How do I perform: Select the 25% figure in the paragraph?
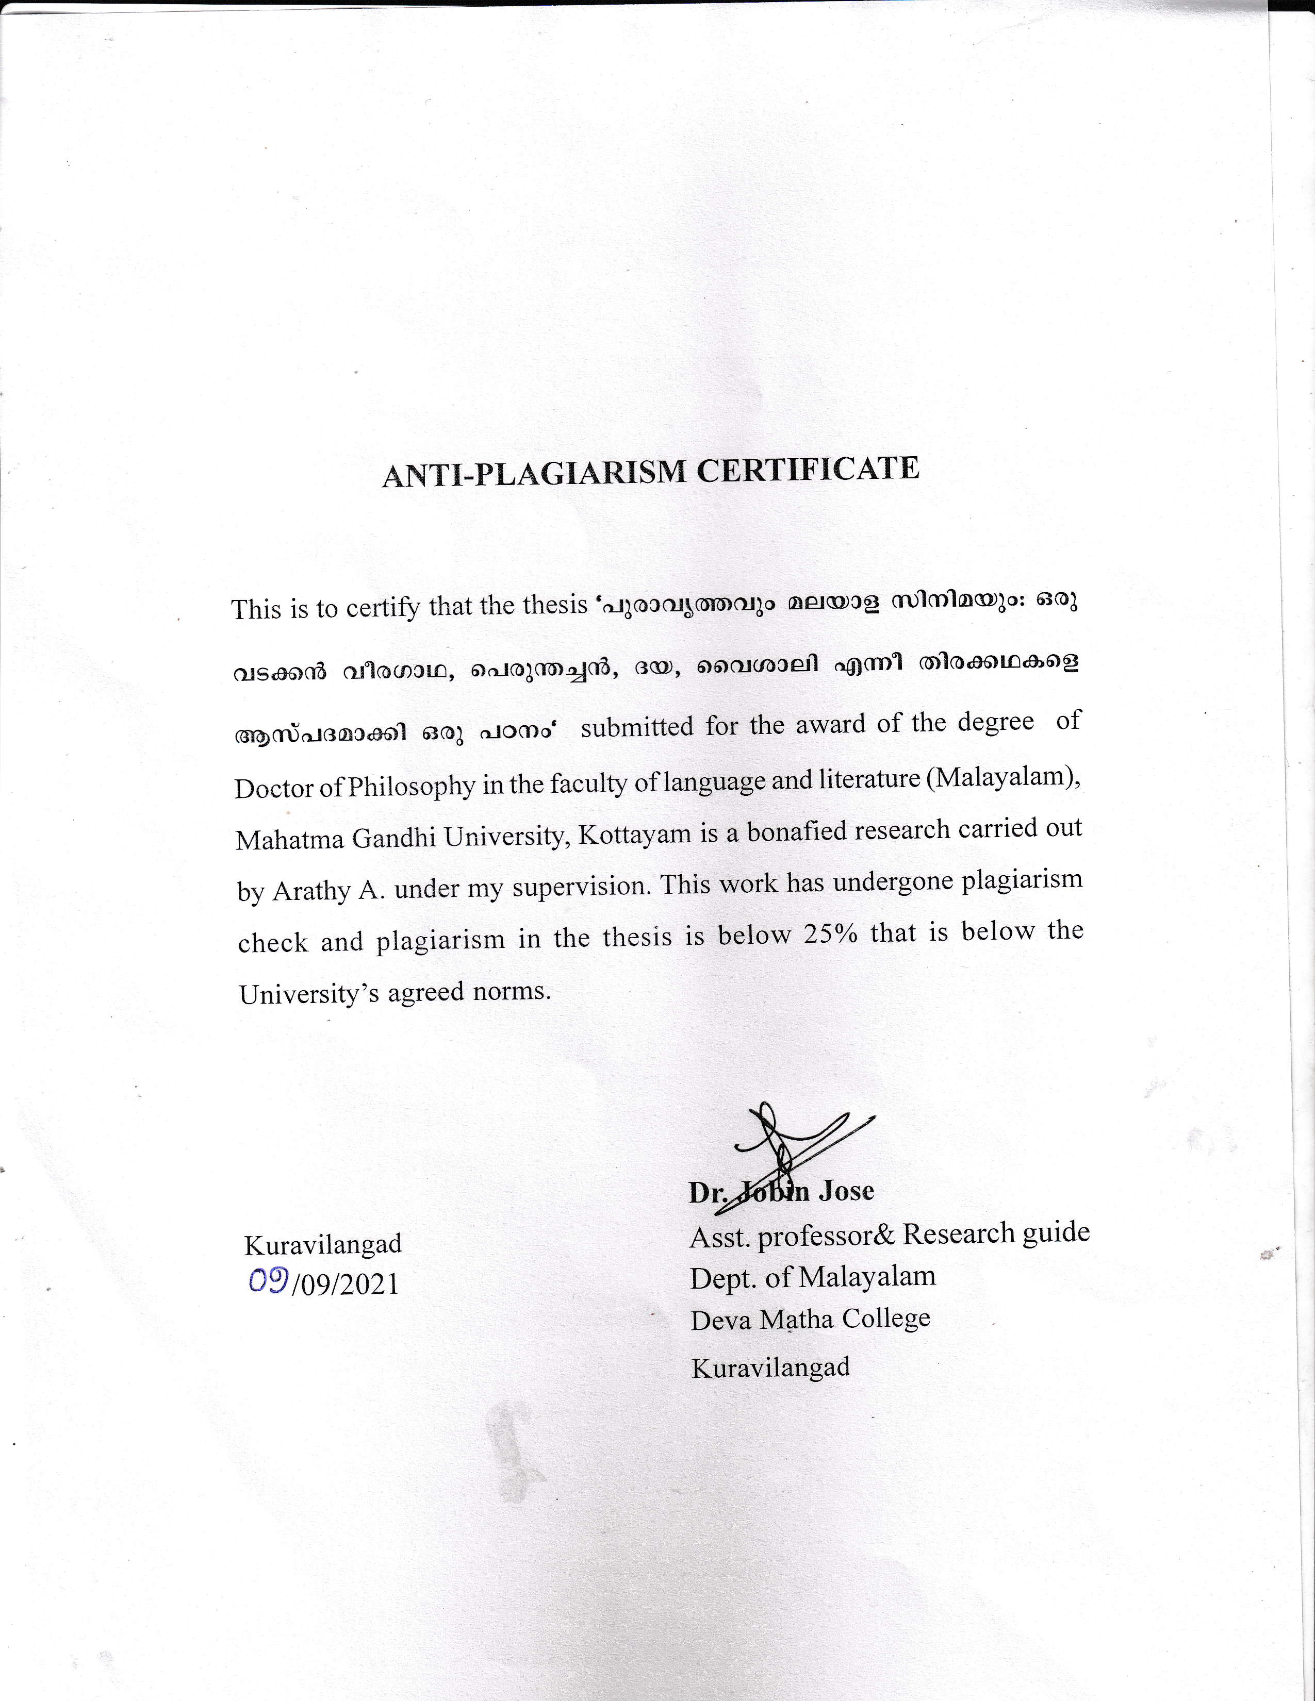click(830, 935)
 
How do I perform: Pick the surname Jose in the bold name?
click(845, 1191)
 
